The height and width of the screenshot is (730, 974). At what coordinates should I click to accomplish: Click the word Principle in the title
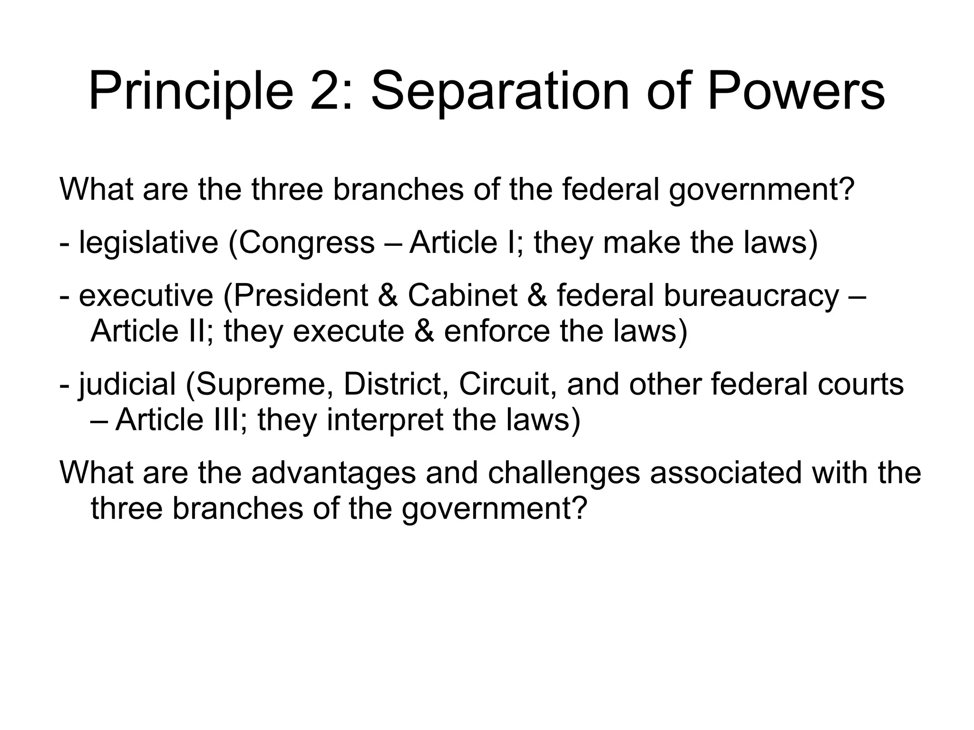(x=191, y=91)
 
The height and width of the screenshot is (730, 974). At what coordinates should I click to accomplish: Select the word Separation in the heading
(x=500, y=91)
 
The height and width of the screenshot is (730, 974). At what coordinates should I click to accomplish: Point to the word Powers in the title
(x=796, y=91)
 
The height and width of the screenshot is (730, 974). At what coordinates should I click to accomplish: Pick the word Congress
(x=306, y=243)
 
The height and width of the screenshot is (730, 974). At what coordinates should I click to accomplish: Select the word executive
(x=146, y=296)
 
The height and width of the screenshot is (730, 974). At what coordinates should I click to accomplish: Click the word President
(x=301, y=296)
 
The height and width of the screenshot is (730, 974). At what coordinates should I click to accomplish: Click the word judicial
(x=127, y=385)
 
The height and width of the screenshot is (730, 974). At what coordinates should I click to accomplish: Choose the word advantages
(x=333, y=474)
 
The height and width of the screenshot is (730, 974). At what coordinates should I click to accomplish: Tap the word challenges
(x=564, y=474)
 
